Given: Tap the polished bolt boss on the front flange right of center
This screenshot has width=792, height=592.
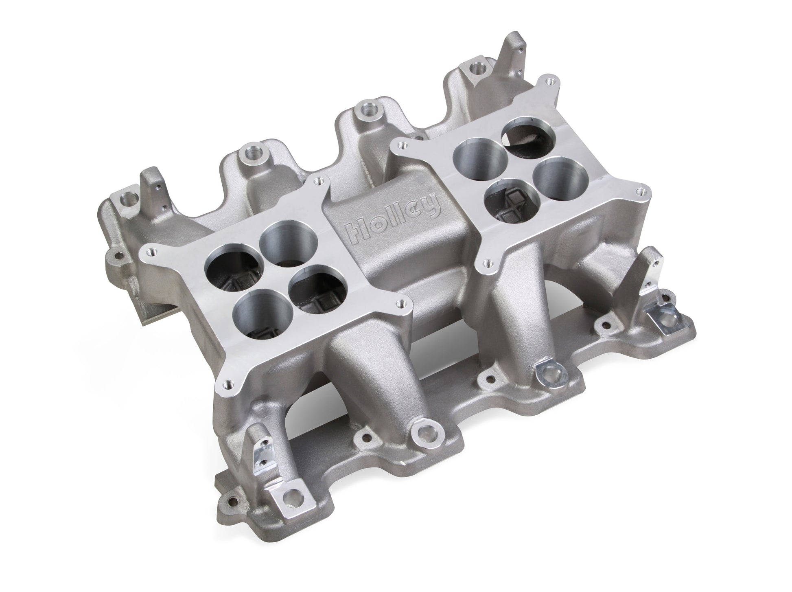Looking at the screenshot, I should coord(549,370).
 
